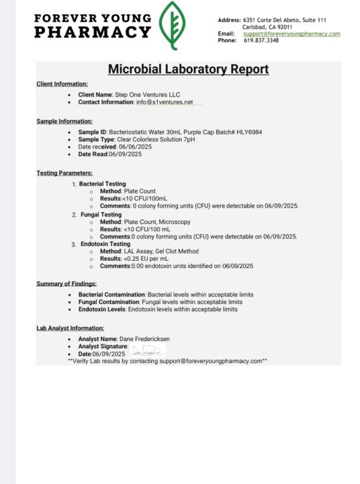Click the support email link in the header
click(291, 34)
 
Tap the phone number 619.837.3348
click(261, 40)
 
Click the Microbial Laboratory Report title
click(188, 69)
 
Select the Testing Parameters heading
click(64, 173)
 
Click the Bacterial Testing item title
click(102, 184)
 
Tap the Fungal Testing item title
click(100, 214)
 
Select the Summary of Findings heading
click(66, 284)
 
